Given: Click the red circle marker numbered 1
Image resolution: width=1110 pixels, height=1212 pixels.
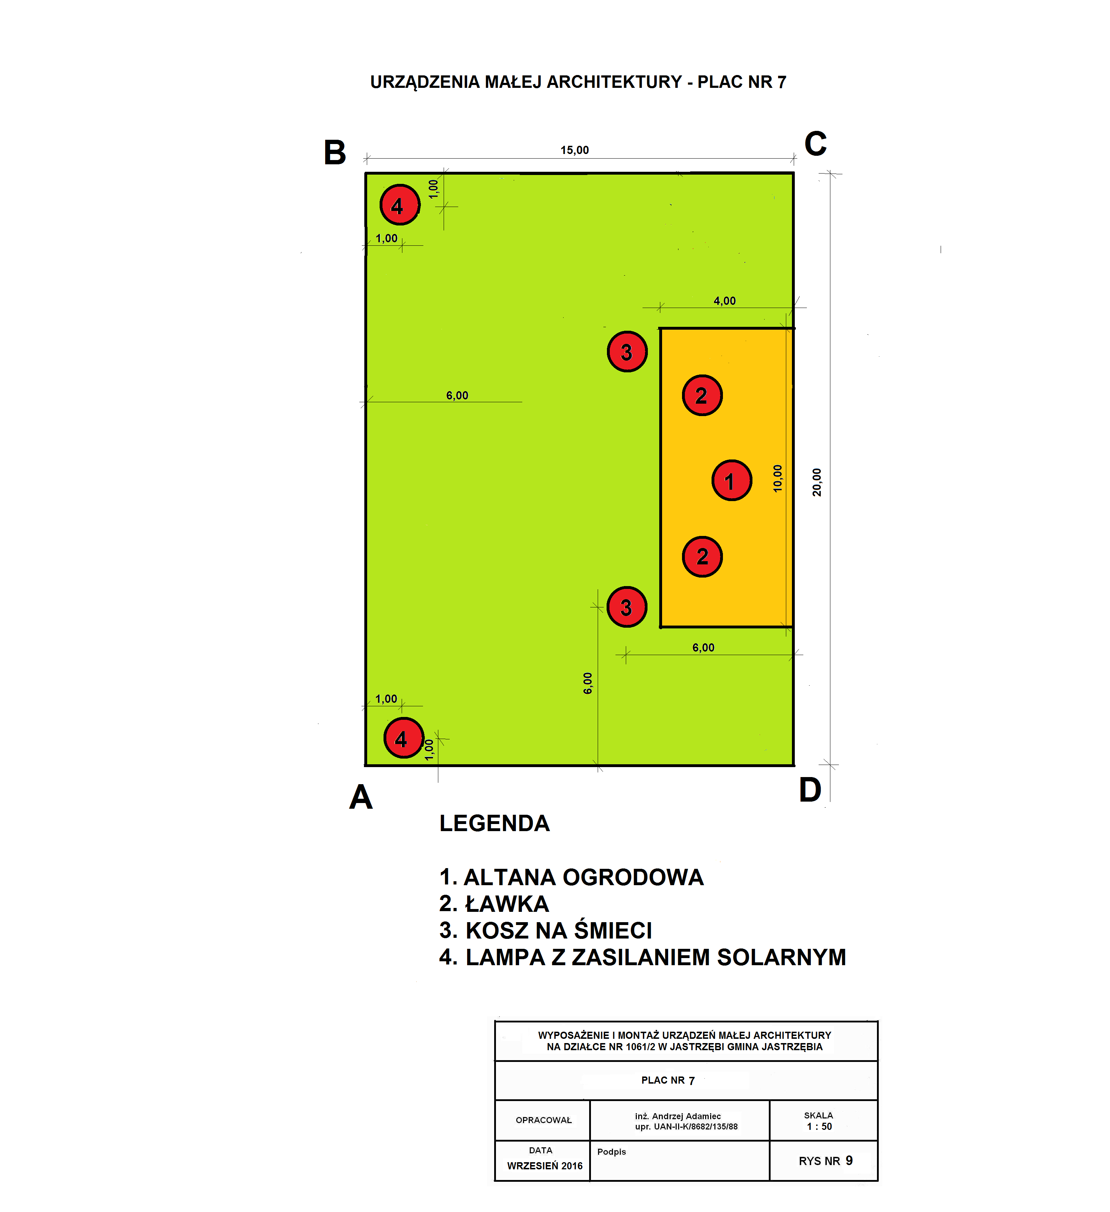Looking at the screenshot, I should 731,480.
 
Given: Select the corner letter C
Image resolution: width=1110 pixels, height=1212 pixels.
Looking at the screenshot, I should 815,144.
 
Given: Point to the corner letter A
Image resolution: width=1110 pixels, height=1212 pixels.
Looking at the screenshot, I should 361,797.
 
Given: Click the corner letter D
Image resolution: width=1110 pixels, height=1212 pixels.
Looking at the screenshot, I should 810,790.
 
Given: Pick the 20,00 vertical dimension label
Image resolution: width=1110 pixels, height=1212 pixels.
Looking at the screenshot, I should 816,482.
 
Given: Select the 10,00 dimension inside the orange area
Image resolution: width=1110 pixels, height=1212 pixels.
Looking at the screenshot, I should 777,479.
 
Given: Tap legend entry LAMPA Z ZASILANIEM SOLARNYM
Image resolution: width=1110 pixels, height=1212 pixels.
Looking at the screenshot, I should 642,957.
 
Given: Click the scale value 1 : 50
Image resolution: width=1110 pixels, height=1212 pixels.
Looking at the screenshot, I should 819,1127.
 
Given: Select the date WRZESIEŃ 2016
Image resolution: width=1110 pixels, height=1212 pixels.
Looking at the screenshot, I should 545,1166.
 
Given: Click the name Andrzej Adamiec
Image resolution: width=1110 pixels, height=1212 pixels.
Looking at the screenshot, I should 686,1116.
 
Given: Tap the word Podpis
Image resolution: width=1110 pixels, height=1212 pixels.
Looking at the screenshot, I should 612,1152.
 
